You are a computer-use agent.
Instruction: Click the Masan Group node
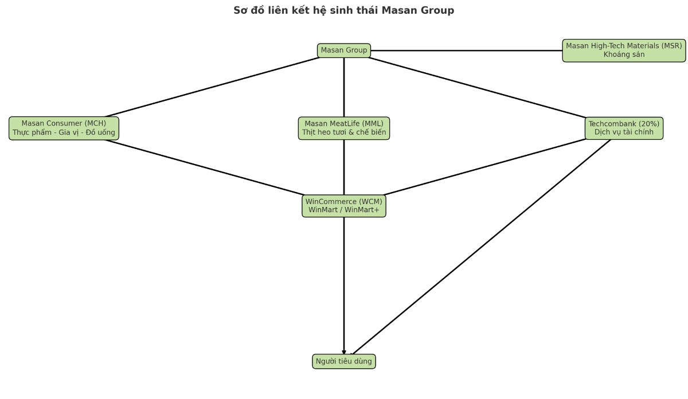click(344, 50)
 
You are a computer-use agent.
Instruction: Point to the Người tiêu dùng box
click(344, 361)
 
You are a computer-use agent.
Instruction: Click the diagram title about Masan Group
click(344, 10)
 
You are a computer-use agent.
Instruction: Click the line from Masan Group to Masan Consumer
click(212, 87)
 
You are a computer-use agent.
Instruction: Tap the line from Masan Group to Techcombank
click(476, 87)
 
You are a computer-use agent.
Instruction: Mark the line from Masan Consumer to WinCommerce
click(204, 167)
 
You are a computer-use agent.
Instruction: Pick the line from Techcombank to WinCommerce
click(484, 167)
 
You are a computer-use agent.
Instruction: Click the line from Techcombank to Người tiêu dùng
click(482, 248)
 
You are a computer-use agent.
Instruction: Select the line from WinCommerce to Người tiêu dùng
click(344, 287)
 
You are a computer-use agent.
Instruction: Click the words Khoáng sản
click(624, 55)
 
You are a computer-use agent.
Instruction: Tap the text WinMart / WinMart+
click(344, 210)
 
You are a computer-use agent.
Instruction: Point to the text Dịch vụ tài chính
click(624, 132)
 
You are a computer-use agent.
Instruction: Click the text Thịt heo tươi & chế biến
click(344, 132)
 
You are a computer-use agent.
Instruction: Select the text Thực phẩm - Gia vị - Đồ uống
click(64, 132)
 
